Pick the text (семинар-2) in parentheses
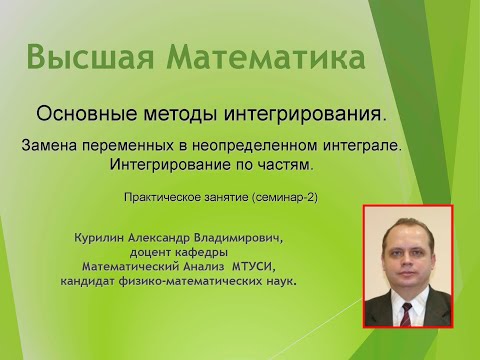click(285, 198)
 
